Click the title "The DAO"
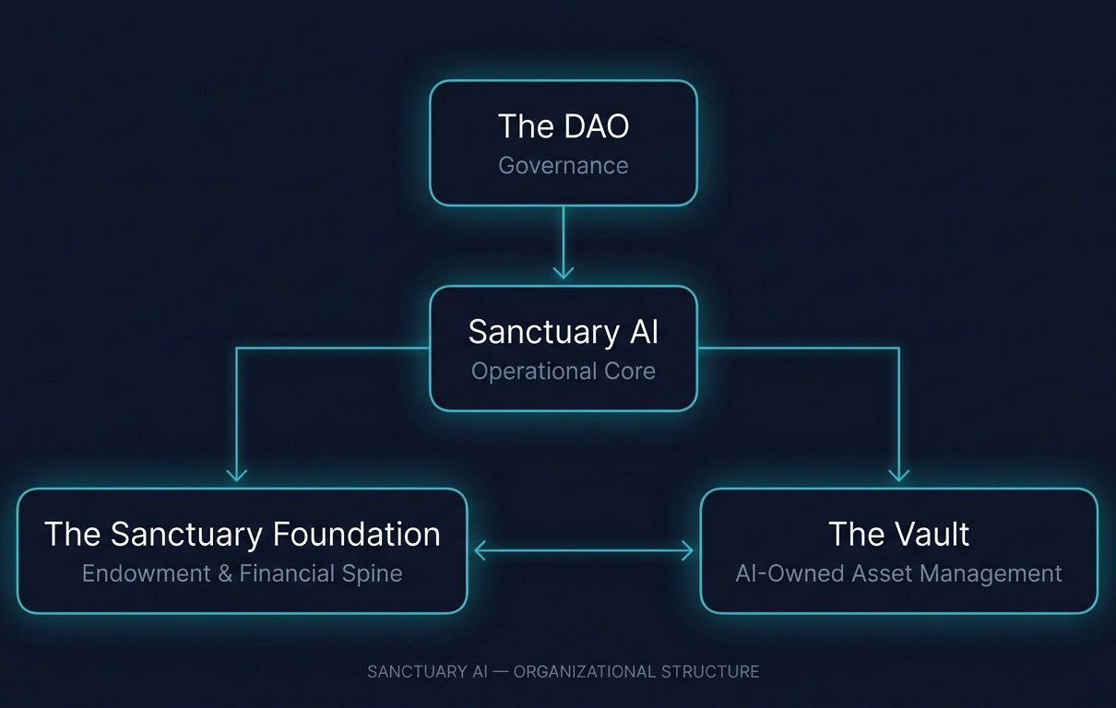pyautogui.click(x=563, y=126)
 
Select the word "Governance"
pyautogui.click(x=563, y=166)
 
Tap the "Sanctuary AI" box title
pyautogui.click(x=563, y=332)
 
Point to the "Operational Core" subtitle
pyautogui.click(x=563, y=372)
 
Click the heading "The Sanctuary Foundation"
pyautogui.click(x=242, y=535)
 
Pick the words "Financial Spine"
pyautogui.click(x=321, y=573)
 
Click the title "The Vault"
pyautogui.click(x=898, y=535)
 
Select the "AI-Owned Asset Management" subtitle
pyautogui.click(x=898, y=573)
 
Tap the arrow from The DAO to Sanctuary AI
pyautogui.click(x=563, y=242)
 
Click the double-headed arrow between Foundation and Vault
pyautogui.click(x=583, y=551)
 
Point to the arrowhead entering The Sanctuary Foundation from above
pyautogui.click(x=237, y=474)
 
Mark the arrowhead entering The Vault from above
pyautogui.click(x=898, y=474)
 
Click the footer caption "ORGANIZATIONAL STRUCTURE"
pyautogui.click(x=636, y=672)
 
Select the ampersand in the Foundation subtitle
pyautogui.click(x=225, y=573)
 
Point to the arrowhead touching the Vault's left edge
pyautogui.click(x=687, y=551)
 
